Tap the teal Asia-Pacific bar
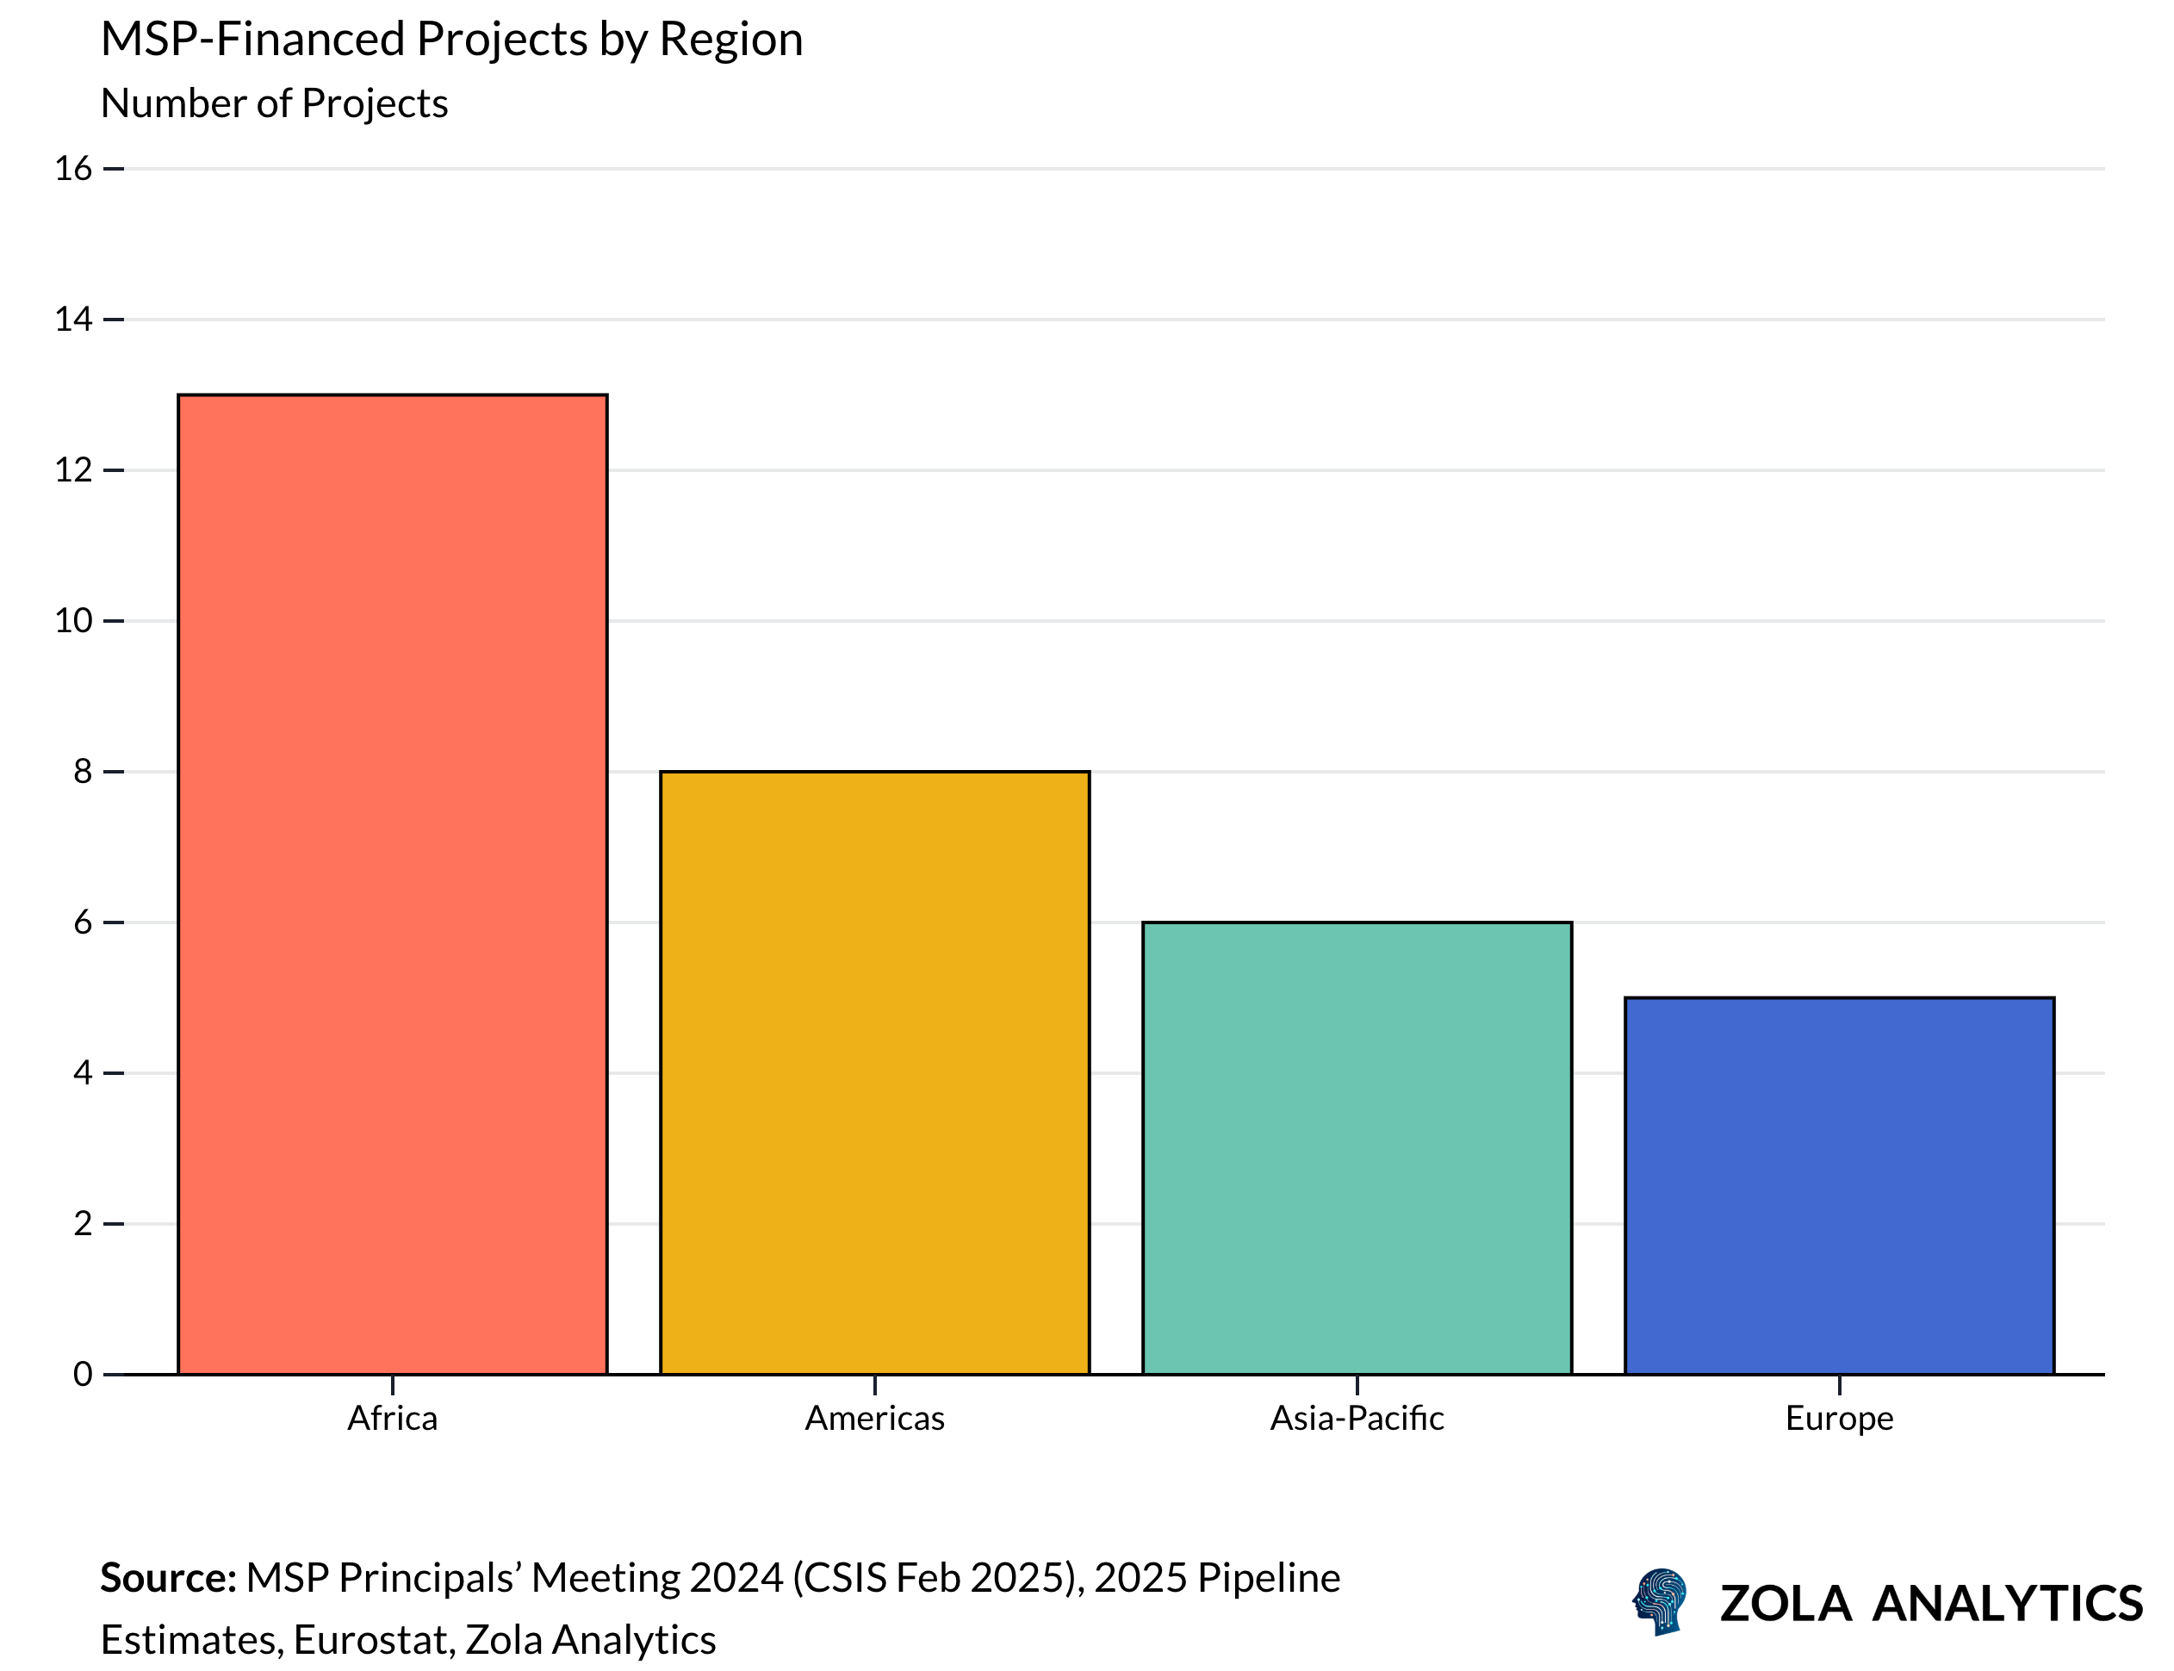point(1357,1148)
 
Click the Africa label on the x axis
point(392,1419)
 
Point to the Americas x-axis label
point(874,1419)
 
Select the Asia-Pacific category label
point(1357,1419)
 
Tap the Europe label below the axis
point(1839,1419)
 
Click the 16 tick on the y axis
point(72,169)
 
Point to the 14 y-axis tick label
point(72,320)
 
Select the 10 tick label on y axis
point(72,621)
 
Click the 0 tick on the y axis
point(83,1375)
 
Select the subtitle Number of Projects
point(274,103)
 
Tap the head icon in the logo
point(1660,1601)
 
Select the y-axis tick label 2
point(83,1223)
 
